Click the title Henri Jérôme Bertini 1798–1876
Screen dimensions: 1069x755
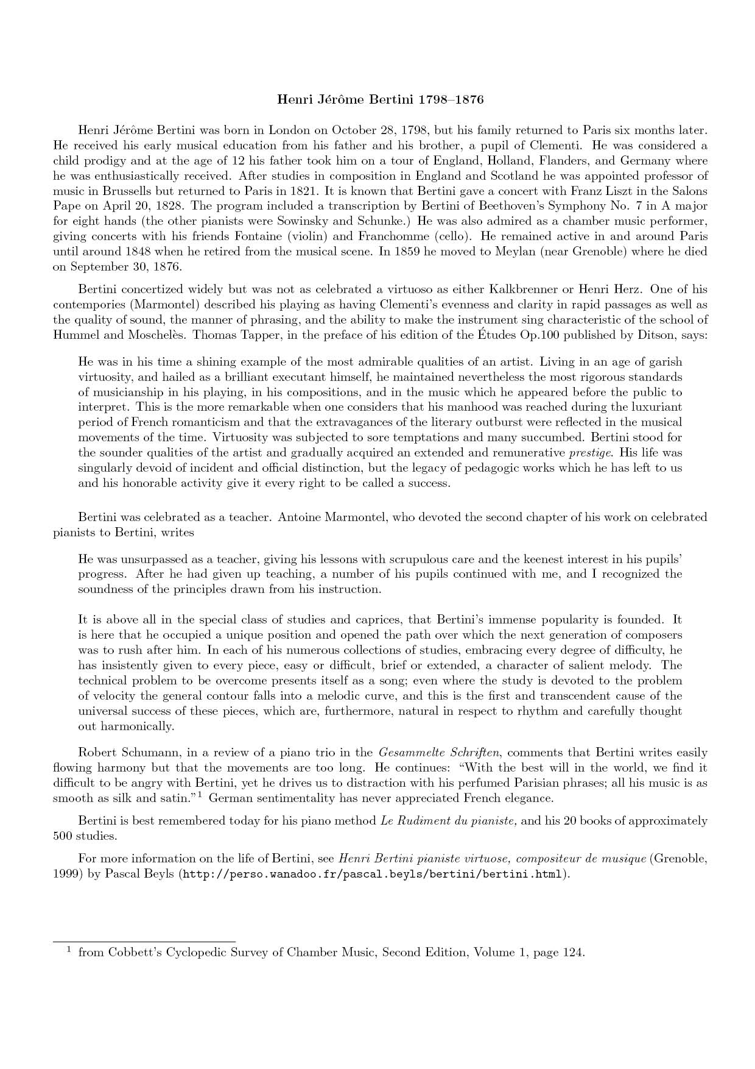pyautogui.click(x=380, y=99)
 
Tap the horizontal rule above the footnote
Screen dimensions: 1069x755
pyautogui.click(x=144, y=941)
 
